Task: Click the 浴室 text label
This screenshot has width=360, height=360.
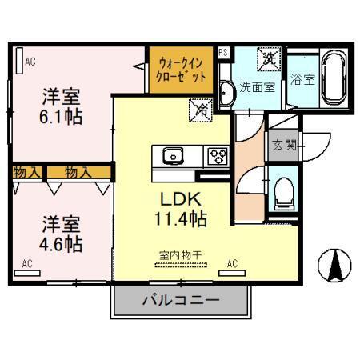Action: tap(302, 80)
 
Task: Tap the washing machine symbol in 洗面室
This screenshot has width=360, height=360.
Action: tap(268, 58)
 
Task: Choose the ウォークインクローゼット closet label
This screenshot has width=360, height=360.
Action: tap(182, 70)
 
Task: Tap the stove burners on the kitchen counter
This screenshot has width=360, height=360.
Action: tap(216, 155)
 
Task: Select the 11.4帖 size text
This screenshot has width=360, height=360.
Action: tap(181, 217)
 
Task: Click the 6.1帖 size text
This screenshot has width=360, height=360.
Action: tap(62, 117)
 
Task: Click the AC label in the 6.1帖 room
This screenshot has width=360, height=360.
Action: tap(30, 61)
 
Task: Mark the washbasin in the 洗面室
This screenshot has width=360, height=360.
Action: tap(225, 92)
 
